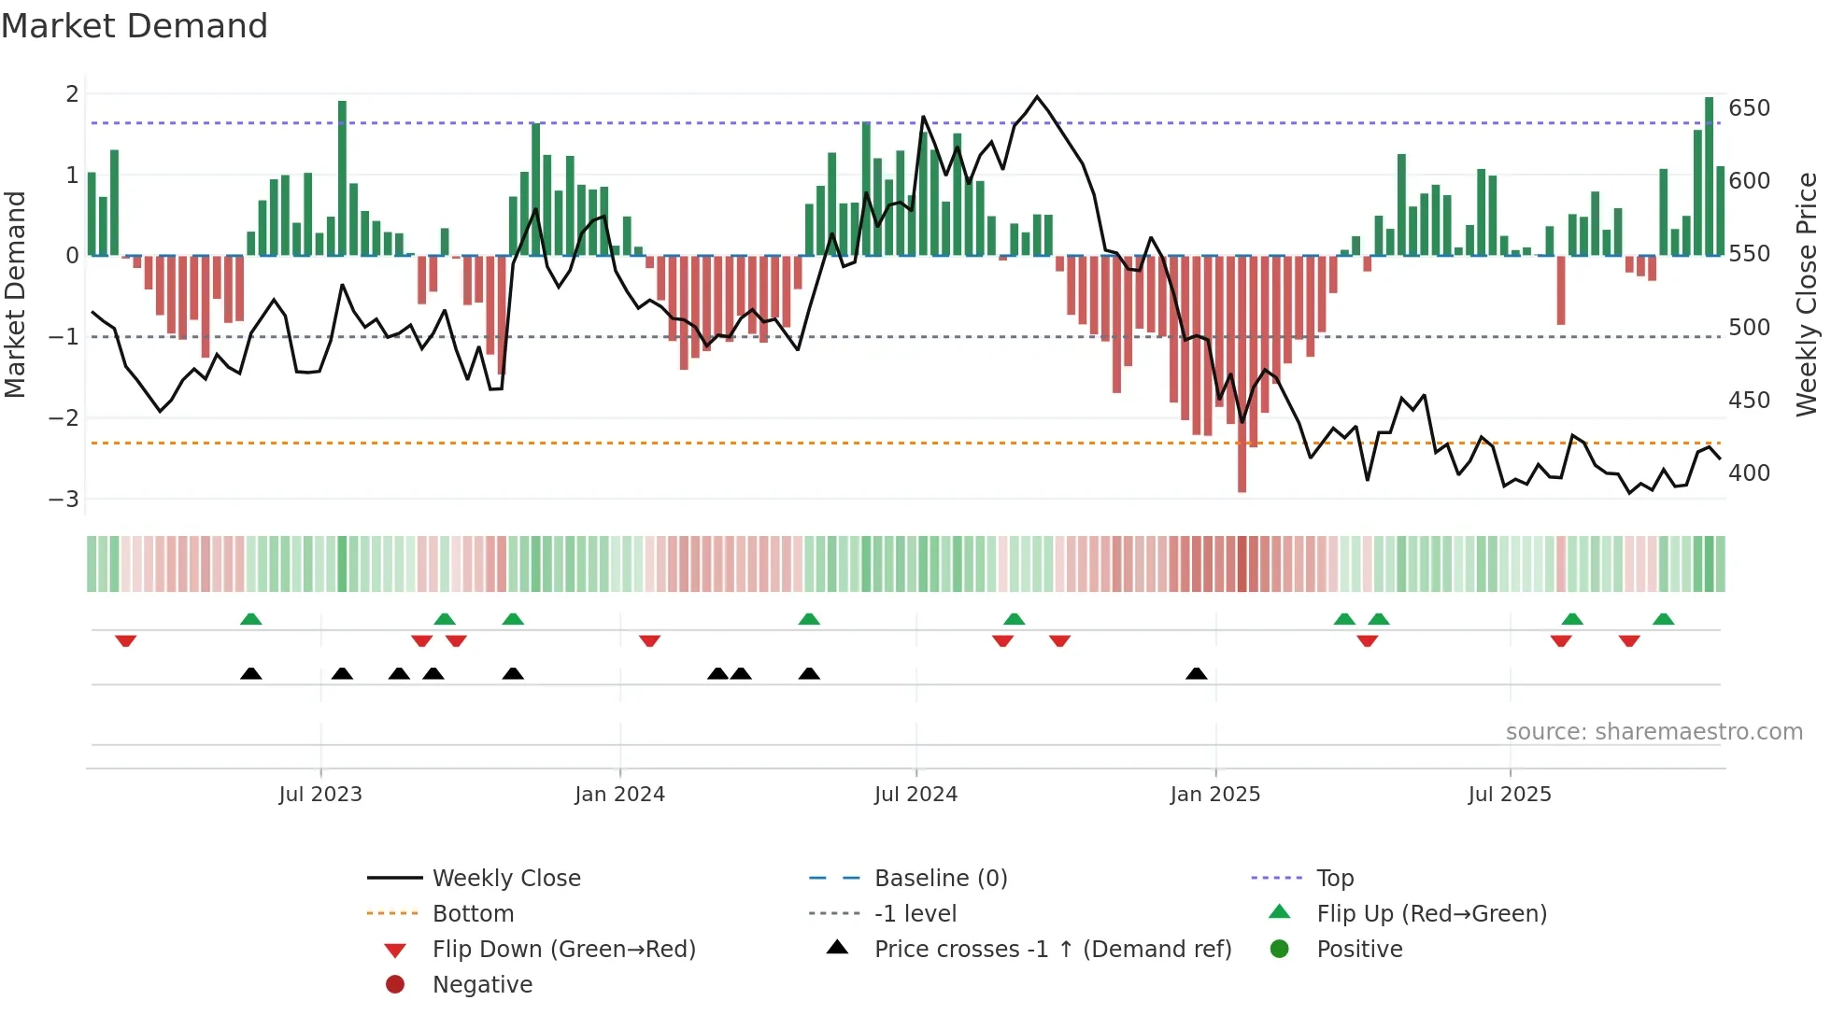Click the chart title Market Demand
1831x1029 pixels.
pyautogui.click(x=135, y=26)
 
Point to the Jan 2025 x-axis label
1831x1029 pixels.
pyautogui.click(x=1214, y=795)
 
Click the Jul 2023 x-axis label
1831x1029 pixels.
pyautogui.click(x=320, y=795)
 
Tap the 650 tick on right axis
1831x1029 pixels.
pyautogui.click(x=1749, y=108)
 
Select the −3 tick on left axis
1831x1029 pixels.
pyautogui.click(x=64, y=500)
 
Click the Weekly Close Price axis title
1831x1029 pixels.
pyautogui.click(x=1807, y=294)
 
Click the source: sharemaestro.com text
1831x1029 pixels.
pyautogui.click(x=1654, y=732)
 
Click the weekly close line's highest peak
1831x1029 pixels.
pyautogui.click(x=1037, y=96)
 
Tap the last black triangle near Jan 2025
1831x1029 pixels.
pyautogui.click(x=1196, y=674)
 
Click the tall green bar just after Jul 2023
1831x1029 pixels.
pyautogui.click(x=342, y=177)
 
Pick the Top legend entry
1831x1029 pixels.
pyautogui.click(x=1334, y=879)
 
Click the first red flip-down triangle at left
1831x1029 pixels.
pyautogui.click(x=126, y=641)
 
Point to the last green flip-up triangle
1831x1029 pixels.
pyautogui.click(x=1663, y=619)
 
